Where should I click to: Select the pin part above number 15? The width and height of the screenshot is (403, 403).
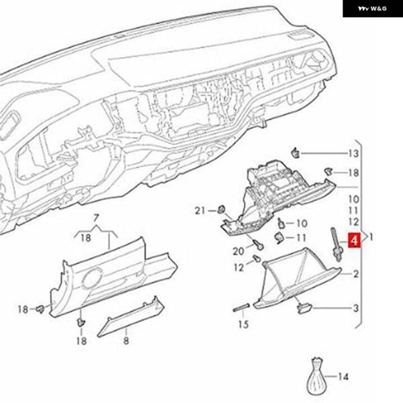tap(242, 309)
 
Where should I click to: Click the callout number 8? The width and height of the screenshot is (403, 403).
tap(126, 341)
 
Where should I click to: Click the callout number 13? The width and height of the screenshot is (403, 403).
tap(353, 154)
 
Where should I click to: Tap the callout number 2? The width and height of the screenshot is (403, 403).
tap(356, 273)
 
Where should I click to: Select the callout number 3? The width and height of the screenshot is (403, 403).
tap(356, 308)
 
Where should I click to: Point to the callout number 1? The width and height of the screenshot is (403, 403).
tap(371, 237)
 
